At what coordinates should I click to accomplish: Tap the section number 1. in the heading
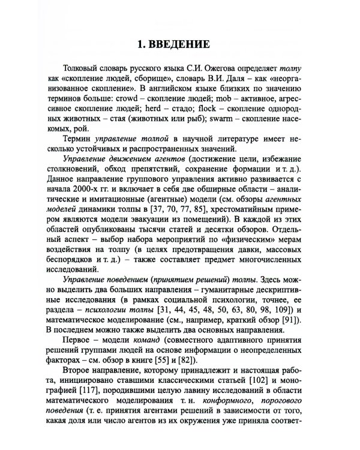(x=143, y=45)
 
